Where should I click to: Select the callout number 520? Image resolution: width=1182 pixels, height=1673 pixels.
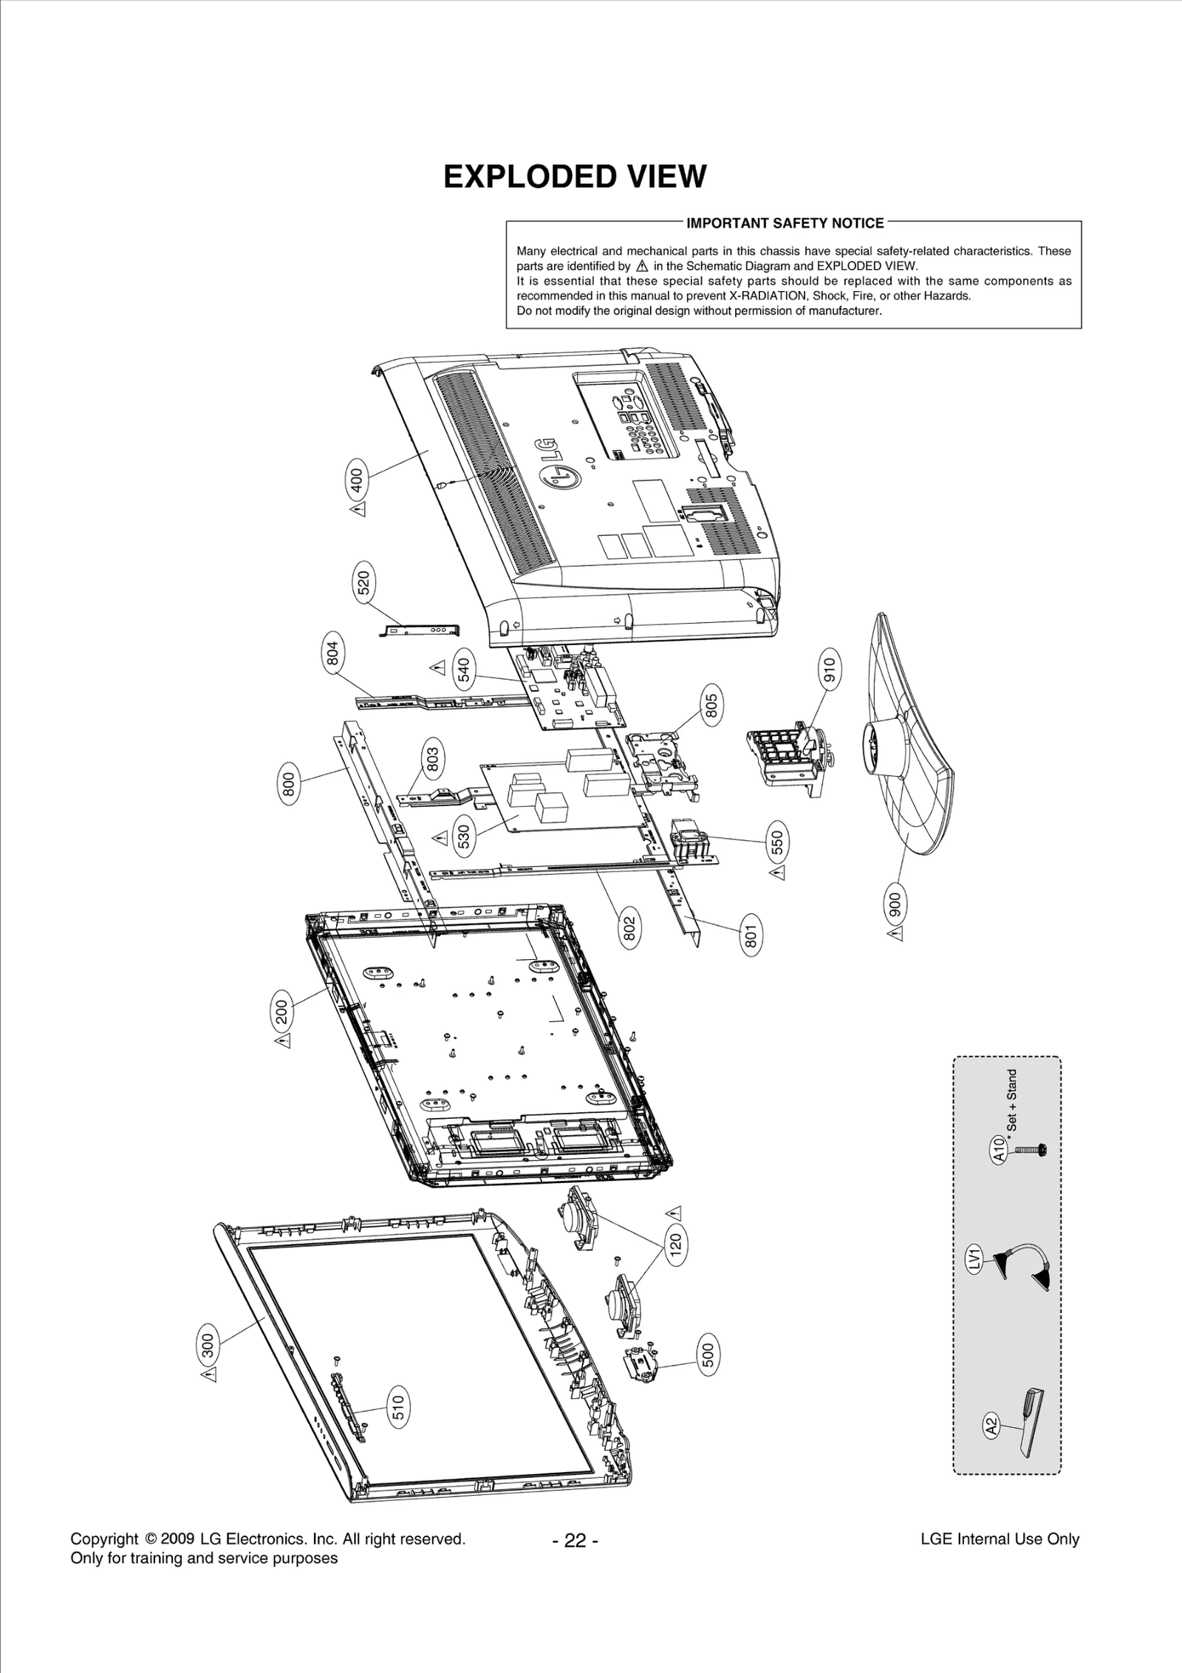point(365,583)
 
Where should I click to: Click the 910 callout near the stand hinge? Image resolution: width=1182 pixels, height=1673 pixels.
point(829,669)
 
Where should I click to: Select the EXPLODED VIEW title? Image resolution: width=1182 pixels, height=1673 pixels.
point(575,177)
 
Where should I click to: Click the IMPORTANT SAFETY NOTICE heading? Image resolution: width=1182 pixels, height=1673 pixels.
point(785,223)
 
